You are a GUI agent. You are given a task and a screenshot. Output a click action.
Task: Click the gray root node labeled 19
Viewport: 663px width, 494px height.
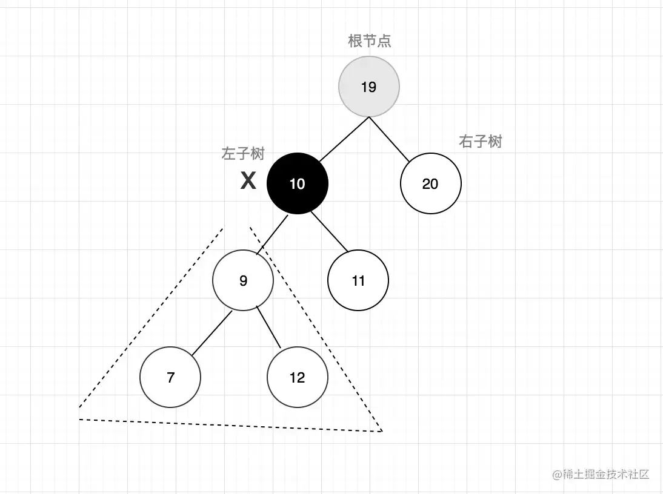[x=368, y=87]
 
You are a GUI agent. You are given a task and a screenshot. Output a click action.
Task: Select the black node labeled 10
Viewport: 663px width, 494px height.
[x=297, y=183]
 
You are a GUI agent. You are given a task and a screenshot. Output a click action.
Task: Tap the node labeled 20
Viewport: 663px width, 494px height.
[x=430, y=183]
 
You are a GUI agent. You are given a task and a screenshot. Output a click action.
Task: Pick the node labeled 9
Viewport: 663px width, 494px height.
[x=242, y=280]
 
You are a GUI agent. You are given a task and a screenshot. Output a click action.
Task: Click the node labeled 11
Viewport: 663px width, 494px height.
[x=358, y=280]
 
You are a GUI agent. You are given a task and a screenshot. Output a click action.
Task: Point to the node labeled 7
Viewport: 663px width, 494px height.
[x=170, y=377]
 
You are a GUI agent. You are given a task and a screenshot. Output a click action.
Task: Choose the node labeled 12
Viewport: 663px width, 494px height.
[x=297, y=377]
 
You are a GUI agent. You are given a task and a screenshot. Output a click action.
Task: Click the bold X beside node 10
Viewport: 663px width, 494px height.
[x=248, y=180]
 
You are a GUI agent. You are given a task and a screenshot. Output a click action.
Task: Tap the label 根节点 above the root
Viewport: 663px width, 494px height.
[x=370, y=41]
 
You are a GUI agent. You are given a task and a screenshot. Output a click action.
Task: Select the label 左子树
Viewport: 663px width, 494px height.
[x=242, y=153]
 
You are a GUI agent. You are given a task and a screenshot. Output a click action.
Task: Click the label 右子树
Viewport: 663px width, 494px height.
[x=481, y=141]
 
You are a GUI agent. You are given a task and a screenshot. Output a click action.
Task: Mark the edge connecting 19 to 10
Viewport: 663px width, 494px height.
[x=344, y=139]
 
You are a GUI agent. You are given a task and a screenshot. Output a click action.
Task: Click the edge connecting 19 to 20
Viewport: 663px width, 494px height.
[x=389, y=139]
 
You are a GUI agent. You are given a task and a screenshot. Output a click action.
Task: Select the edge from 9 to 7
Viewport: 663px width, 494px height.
[x=212, y=333]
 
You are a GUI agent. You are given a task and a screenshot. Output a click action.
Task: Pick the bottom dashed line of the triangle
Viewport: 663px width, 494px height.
[x=230, y=425]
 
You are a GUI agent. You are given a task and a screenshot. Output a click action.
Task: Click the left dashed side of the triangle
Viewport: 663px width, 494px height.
[x=152, y=317]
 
